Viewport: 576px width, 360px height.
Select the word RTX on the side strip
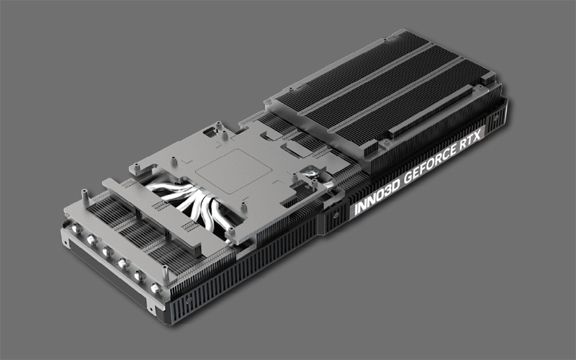click(x=470, y=139)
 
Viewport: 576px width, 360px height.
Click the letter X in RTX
click(x=477, y=135)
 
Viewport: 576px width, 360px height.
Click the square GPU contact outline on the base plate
click(x=233, y=171)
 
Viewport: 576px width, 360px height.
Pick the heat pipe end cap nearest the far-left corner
click(x=76, y=229)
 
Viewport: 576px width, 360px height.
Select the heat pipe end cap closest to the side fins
click(x=155, y=289)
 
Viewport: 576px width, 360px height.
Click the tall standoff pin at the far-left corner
click(x=85, y=197)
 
